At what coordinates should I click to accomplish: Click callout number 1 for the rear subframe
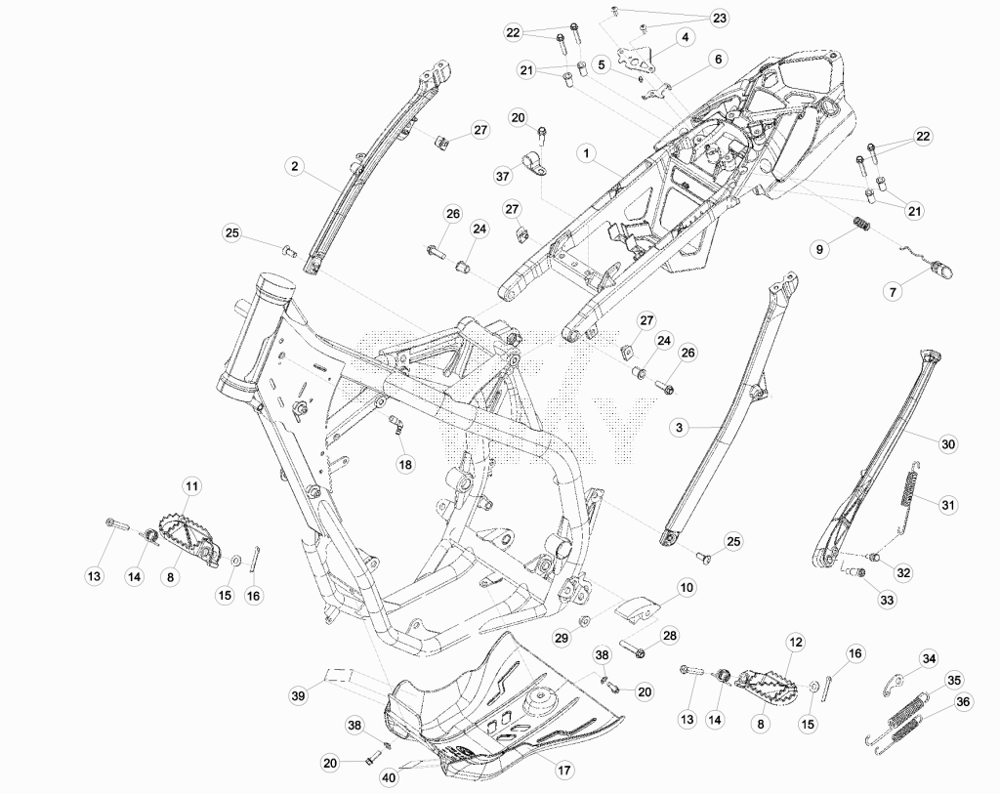586,153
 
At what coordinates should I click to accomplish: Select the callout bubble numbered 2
294,166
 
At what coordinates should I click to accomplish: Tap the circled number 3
680,428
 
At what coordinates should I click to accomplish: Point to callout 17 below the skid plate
564,770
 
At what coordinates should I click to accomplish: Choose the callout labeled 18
405,464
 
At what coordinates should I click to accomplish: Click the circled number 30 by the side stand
948,443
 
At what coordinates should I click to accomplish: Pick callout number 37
503,175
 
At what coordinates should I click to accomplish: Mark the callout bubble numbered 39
298,694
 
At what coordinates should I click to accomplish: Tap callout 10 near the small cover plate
687,587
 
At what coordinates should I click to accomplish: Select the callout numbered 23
719,18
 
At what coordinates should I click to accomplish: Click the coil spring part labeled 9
861,225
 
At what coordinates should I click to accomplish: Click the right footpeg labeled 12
768,689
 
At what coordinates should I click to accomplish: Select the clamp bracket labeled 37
536,164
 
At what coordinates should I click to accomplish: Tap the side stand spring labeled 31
911,484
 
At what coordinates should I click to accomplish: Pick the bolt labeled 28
633,649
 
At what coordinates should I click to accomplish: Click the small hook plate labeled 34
896,683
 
